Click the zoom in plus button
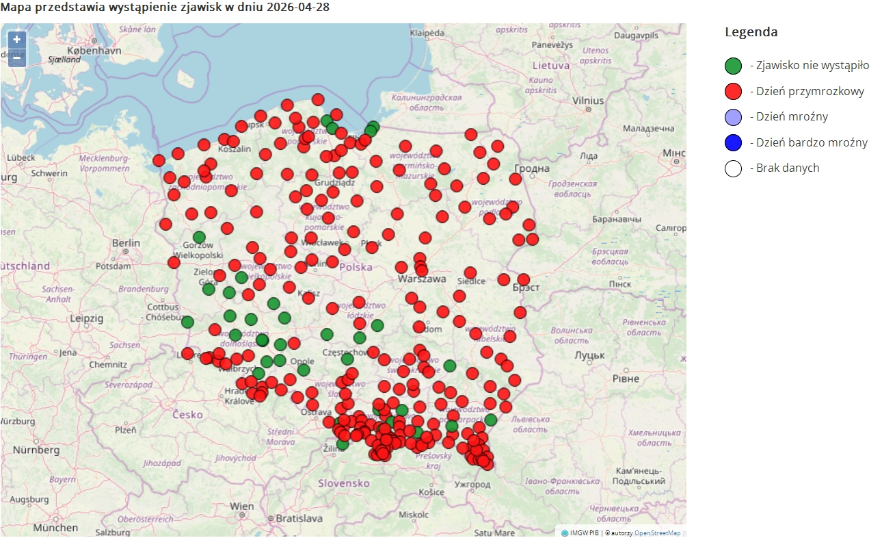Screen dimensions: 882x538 (x=17, y=40)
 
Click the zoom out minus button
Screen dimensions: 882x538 (x=17, y=58)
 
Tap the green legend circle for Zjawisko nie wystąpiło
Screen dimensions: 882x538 (x=733, y=66)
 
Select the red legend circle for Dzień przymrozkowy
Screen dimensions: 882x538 (x=733, y=91)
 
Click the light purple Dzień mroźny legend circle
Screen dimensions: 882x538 (x=733, y=117)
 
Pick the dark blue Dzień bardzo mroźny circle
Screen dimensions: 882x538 (x=733, y=142)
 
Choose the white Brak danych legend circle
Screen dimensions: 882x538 (x=733, y=168)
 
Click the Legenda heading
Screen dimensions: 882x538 (x=751, y=32)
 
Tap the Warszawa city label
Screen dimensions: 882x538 (x=422, y=279)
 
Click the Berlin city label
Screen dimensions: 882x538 (x=126, y=243)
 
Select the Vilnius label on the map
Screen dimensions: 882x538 (x=588, y=101)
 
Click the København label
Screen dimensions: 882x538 (x=94, y=51)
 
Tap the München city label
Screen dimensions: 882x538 (x=55, y=528)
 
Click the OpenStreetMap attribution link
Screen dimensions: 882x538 (x=657, y=533)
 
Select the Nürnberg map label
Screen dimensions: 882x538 (x=36, y=450)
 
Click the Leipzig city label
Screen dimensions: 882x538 (x=86, y=318)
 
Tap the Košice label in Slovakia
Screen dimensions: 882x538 (x=432, y=491)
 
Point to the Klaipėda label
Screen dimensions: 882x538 (x=427, y=33)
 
